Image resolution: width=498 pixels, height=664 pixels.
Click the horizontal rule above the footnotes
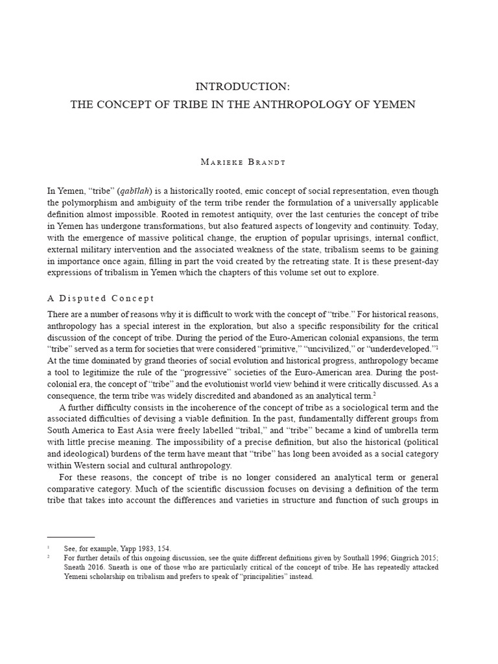coord(71,537)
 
